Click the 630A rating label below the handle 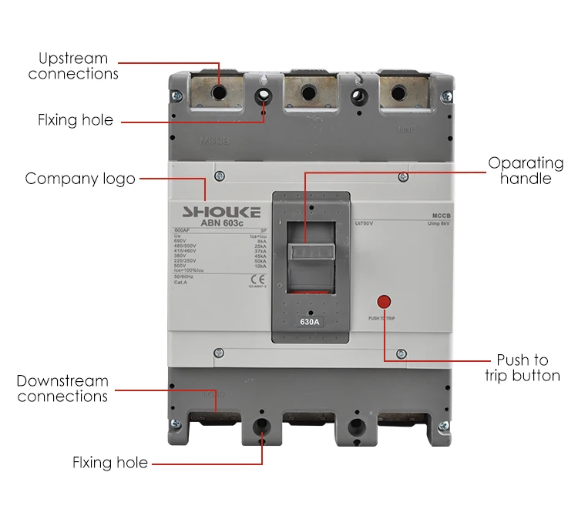click(310, 322)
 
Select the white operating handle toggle click(311, 252)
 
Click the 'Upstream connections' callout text click(73, 66)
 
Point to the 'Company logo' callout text click(80, 179)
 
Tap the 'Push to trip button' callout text click(522, 368)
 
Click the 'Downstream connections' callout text click(62, 389)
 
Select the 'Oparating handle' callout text click(526, 171)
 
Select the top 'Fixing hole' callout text click(76, 120)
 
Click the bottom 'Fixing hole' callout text click(109, 463)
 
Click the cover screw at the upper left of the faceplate click(219, 176)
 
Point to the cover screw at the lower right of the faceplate click(400, 353)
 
